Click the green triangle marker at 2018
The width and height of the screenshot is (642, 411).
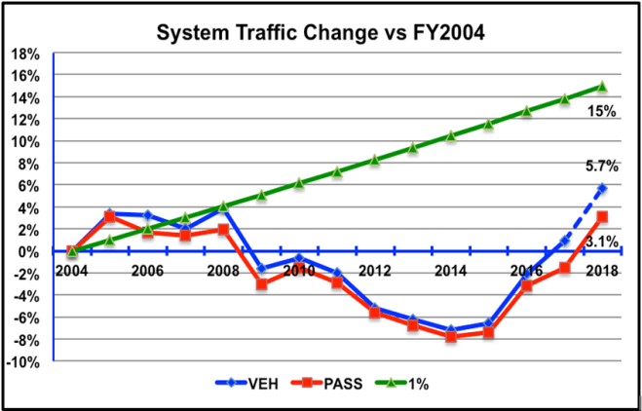[602, 87]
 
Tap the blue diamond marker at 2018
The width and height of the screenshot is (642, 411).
[602, 188]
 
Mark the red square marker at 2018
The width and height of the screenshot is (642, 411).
[602, 217]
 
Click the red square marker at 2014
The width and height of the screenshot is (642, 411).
[451, 336]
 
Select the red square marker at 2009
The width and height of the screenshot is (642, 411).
[261, 284]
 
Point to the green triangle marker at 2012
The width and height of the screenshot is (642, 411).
[375, 160]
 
